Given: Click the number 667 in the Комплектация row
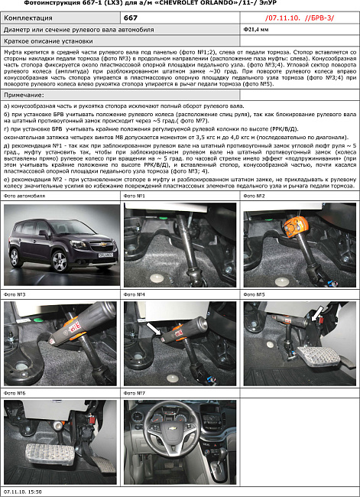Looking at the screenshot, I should (x=131, y=16).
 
